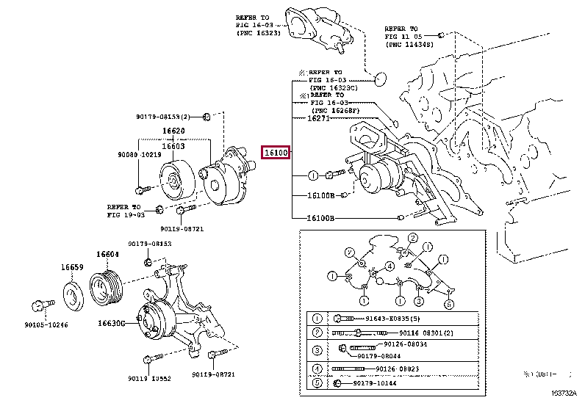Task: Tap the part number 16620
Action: point(173,132)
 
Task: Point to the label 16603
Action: point(173,147)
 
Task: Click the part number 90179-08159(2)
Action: point(162,117)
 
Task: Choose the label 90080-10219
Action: point(139,156)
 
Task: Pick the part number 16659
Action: point(72,267)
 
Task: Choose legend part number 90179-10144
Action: point(381,383)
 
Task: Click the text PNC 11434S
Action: point(409,45)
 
